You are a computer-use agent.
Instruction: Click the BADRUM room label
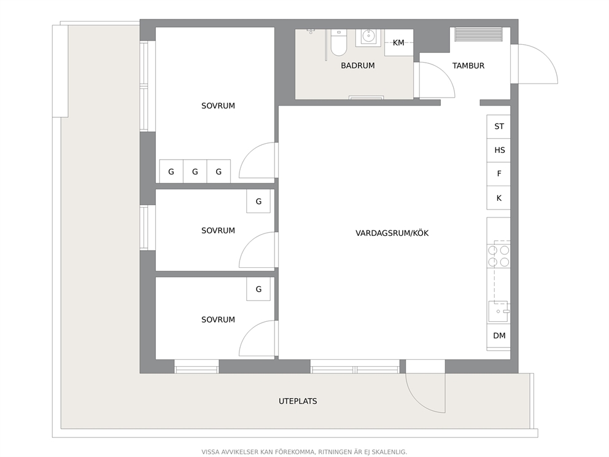point(358,66)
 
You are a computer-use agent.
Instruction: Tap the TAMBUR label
point(468,66)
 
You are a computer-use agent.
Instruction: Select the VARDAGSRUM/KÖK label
point(392,233)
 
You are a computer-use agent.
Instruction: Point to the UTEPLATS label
point(298,401)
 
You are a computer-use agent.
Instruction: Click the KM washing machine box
point(399,43)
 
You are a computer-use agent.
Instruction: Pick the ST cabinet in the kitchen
point(498,127)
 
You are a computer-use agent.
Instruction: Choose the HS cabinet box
point(498,150)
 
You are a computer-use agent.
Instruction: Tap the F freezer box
point(498,174)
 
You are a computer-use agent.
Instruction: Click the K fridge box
point(498,198)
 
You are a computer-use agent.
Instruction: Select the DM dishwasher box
point(498,336)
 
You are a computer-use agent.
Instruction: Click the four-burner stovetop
point(498,256)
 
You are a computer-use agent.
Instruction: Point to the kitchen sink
point(498,311)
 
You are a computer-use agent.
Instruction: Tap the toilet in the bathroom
point(339,43)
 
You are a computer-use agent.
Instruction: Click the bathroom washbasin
point(368,37)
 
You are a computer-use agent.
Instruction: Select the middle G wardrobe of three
point(195,171)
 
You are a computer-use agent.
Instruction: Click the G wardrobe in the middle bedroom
point(258,201)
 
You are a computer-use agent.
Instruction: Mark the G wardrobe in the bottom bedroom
point(258,289)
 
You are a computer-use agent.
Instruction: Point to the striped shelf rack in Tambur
point(478,34)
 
